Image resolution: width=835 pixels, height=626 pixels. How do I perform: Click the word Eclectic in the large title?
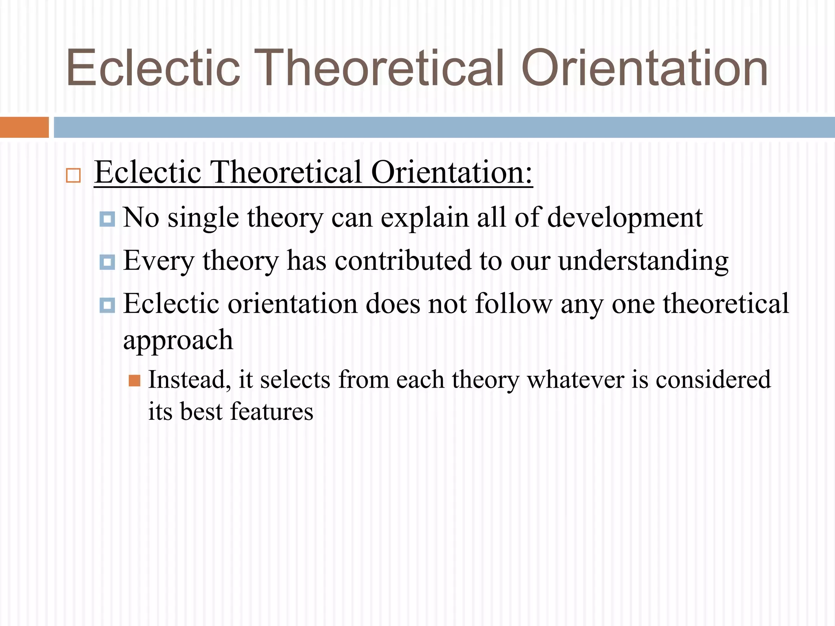point(153,68)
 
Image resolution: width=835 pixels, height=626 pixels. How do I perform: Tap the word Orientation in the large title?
point(644,68)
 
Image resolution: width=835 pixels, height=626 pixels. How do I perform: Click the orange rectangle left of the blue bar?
point(24,127)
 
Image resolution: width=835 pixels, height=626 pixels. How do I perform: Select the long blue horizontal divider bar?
point(444,127)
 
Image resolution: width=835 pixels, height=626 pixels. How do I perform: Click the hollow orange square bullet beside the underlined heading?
point(73,176)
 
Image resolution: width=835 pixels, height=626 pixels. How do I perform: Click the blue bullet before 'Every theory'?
point(107,262)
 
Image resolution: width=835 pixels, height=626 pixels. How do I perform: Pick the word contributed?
point(402,261)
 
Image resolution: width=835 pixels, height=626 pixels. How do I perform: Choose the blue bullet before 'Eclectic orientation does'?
point(107,305)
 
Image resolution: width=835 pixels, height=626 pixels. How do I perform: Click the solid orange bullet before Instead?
point(135,381)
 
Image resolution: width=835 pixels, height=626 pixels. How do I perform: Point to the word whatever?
point(575,380)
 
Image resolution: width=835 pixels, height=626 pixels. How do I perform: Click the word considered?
point(713,380)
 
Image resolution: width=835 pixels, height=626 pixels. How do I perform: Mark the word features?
point(272,412)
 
